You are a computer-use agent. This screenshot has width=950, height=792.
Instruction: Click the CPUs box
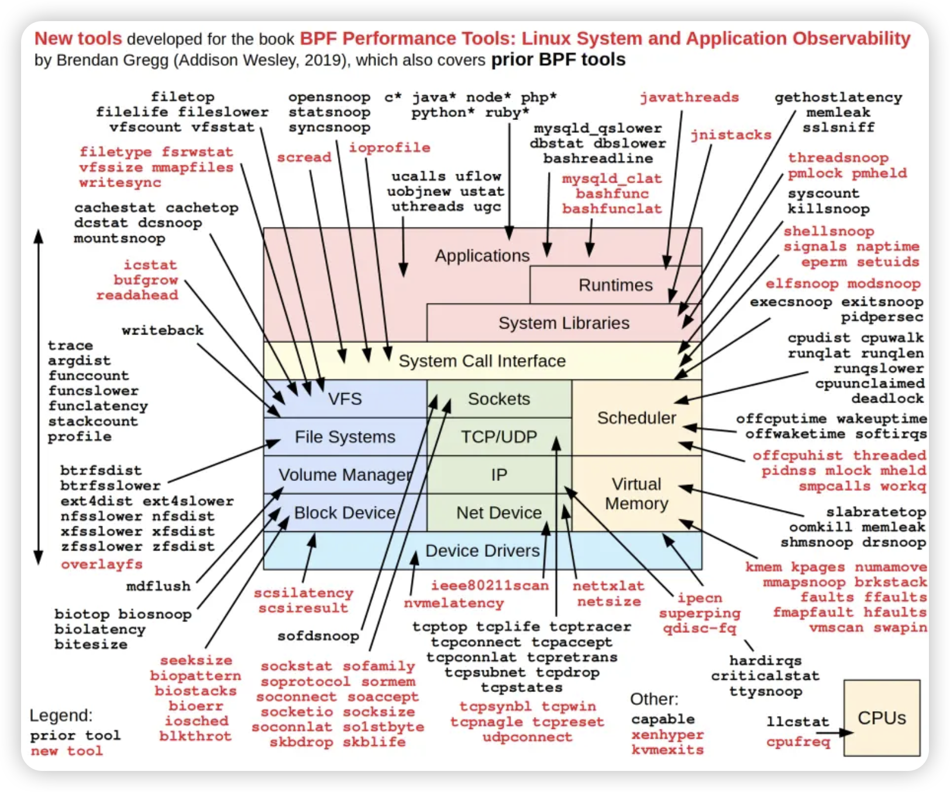tap(882, 718)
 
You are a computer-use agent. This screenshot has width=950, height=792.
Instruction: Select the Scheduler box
tap(636, 418)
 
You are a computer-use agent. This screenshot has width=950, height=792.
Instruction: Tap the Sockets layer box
tap(499, 399)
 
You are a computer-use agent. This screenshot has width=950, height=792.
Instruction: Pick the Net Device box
tap(499, 513)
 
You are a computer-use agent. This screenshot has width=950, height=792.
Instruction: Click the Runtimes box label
tap(615, 285)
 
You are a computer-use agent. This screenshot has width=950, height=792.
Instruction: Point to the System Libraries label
tap(563, 323)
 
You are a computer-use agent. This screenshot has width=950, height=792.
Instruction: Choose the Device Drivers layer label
tap(482, 550)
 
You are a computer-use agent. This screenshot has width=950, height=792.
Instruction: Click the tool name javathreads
tap(689, 98)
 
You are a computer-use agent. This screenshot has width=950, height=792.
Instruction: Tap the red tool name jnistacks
tap(731, 135)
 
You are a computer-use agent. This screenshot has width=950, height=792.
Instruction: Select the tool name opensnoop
tap(329, 98)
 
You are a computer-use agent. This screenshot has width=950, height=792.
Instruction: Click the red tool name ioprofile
tap(390, 147)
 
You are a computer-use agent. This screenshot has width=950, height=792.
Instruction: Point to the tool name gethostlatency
tap(838, 98)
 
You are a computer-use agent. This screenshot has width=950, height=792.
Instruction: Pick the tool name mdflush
tap(159, 586)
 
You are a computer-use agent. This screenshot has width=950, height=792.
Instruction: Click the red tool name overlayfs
tap(102, 564)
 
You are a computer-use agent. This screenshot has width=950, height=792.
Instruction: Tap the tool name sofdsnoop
tap(318, 636)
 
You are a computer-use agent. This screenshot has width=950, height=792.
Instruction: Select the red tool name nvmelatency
tap(453, 603)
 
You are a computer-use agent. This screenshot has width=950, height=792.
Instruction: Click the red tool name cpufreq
tap(798, 742)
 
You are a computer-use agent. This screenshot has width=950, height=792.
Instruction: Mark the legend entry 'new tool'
tap(67, 750)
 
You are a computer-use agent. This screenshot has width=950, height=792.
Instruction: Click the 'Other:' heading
tap(654, 699)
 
